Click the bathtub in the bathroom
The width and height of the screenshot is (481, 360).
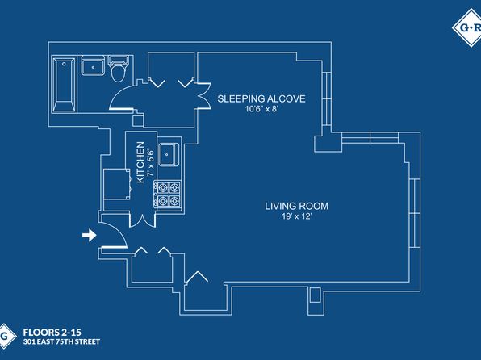[x=64, y=85]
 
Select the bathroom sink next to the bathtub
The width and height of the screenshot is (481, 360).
[x=93, y=65]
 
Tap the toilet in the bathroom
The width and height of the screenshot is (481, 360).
[x=118, y=69]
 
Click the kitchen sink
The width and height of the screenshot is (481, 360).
[x=169, y=154]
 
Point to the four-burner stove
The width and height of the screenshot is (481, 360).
[x=168, y=195]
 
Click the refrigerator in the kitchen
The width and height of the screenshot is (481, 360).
[x=117, y=184]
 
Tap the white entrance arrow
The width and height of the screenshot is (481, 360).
[x=90, y=235]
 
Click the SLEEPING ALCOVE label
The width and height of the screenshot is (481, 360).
[x=261, y=98]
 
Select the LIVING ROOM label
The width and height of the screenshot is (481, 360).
[x=297, y=206]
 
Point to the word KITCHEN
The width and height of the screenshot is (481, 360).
[x=140, y=162]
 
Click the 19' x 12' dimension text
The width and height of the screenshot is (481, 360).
[x=297, y=216]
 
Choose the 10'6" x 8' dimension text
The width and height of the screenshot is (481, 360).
[x=261, y=109]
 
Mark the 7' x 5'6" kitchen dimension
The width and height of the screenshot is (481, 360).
[x=150, y=162]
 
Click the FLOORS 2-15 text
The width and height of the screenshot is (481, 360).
[x=52, y=332]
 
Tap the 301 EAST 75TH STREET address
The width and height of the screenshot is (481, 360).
[x=61, y=341]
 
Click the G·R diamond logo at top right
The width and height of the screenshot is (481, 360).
[x=467, y=27]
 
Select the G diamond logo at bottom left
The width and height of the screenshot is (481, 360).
[x=6, y=337]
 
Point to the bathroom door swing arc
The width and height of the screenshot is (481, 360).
[x=116, y=94]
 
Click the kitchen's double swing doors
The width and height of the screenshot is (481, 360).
[x=143, y=220]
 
